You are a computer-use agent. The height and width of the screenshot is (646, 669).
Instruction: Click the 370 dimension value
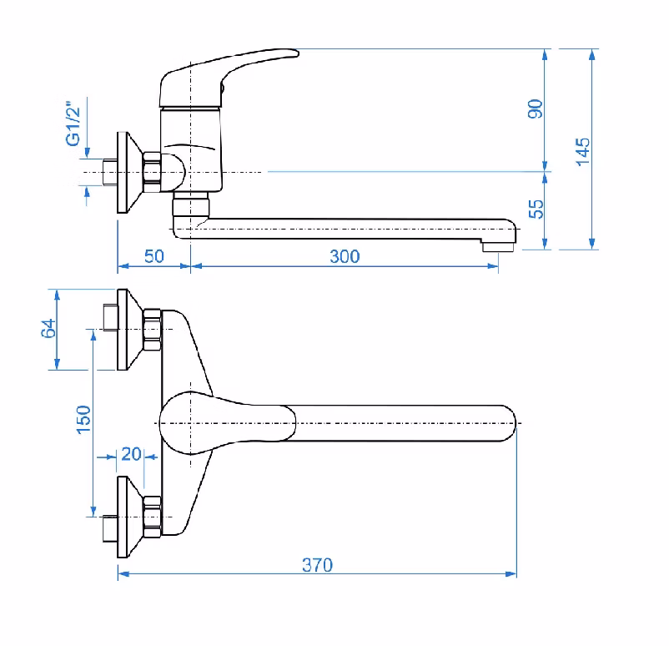tap(317, 565)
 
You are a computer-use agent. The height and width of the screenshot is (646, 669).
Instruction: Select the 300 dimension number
tap(345, 256)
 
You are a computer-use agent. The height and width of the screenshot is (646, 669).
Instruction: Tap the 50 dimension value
tap(154, 256)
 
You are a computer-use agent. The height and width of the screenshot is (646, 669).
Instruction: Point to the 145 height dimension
tap(582, 152)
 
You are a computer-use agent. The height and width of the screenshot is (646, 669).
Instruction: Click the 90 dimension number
tap(536, 109)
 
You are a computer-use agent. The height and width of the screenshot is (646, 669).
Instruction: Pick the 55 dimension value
tap(536, 209)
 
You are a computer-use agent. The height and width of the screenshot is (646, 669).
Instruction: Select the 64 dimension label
tap(48, 328)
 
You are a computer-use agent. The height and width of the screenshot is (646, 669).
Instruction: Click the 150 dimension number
tap(83, 420)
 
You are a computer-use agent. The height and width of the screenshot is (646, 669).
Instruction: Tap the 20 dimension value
tap(131, 454)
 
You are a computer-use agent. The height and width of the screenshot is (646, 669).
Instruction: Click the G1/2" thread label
tap(73, 124)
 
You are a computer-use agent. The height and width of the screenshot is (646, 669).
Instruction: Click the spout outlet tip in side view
tap(498, 247)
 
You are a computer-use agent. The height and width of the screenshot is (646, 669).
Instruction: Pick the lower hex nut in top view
tap(152, 517)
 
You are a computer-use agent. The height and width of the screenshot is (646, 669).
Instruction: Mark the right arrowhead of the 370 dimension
tap(511, 574)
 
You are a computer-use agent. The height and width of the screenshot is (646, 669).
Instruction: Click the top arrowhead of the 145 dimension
tap(591, 54)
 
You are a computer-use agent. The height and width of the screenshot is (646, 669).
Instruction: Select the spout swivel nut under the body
tap(191, 204)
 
